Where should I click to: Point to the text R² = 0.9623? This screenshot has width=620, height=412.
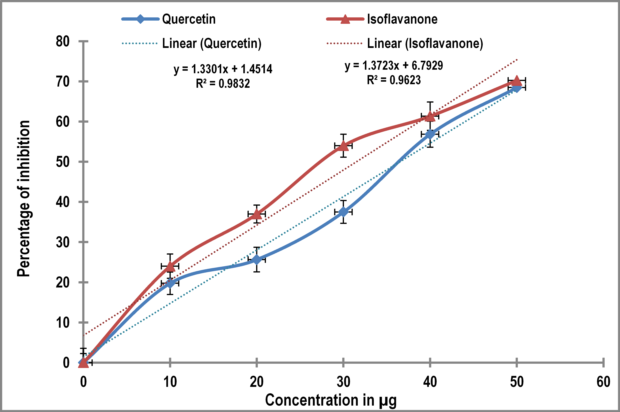click(394, 80)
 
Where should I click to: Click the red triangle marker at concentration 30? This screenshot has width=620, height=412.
click(343, 146)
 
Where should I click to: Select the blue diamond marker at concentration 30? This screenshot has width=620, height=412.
click(343, 212)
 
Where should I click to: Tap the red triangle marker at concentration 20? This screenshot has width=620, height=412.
click(257, 214)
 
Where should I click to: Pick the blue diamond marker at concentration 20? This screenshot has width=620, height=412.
click(257, 260)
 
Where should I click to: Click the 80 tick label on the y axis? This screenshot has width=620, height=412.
click(63, 42)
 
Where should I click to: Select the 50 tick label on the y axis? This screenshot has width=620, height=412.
click(63, 162)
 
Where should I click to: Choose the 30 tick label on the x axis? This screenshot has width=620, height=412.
click(343, 382)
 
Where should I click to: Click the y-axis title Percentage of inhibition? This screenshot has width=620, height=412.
click(24, 199)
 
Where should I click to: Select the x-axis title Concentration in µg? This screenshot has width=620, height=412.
click(330, 400)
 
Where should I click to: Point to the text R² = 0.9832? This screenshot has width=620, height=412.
click(223, 84)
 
